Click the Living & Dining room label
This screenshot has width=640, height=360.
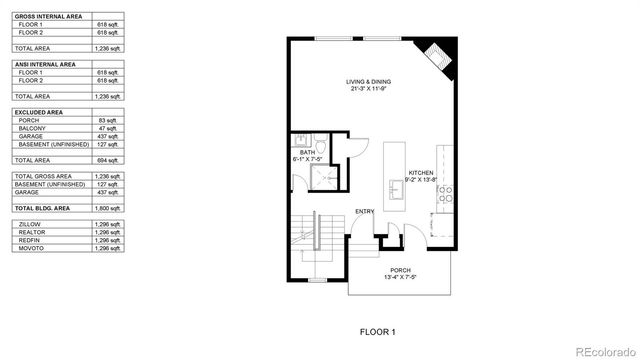pos(369,84)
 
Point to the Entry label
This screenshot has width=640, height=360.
pos(364,211)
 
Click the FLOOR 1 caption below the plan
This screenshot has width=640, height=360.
pos(378,330)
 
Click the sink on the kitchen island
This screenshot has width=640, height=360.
pos(395,193)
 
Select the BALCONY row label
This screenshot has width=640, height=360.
pos(31,129)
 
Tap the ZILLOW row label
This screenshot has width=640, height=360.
pos(29,224)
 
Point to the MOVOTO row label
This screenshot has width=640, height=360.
pos(30,248)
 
